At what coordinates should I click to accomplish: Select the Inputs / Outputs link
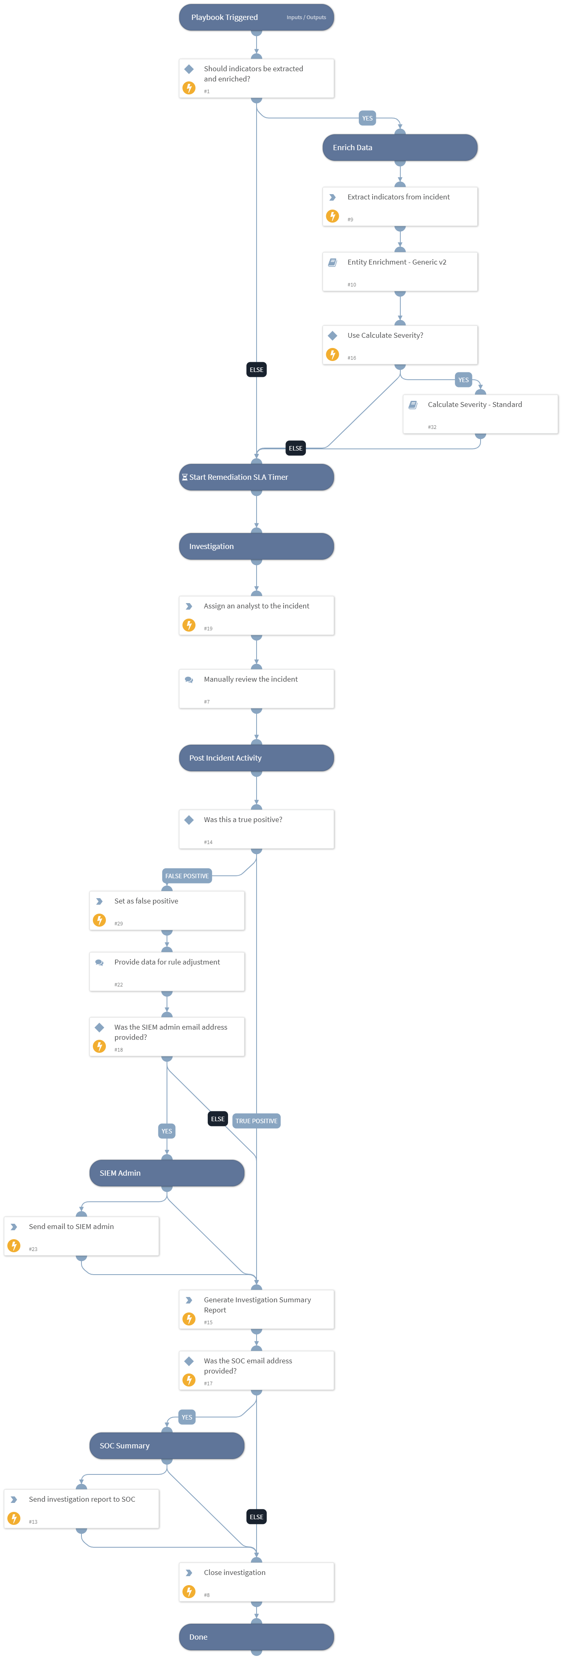point(306,17)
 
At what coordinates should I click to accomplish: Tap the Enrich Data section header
point(400,148)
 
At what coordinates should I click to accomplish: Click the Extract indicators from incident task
point(400,206)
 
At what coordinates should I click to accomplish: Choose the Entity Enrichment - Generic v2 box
point(400,271)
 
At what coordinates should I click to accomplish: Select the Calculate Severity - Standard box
point(480,414)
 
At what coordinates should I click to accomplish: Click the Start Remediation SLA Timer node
point(257,477)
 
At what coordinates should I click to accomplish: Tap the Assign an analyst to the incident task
point(257,615)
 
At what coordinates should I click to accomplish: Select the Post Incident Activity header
point(257,758)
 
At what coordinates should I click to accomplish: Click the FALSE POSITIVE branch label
point(187,876)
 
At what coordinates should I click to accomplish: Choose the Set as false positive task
point(167,910)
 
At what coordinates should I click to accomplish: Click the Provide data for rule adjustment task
point(167,971)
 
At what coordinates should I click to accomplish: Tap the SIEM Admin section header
point(167,1173)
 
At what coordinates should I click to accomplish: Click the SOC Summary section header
point(167,1446)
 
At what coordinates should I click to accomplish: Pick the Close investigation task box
point(257,1581)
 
